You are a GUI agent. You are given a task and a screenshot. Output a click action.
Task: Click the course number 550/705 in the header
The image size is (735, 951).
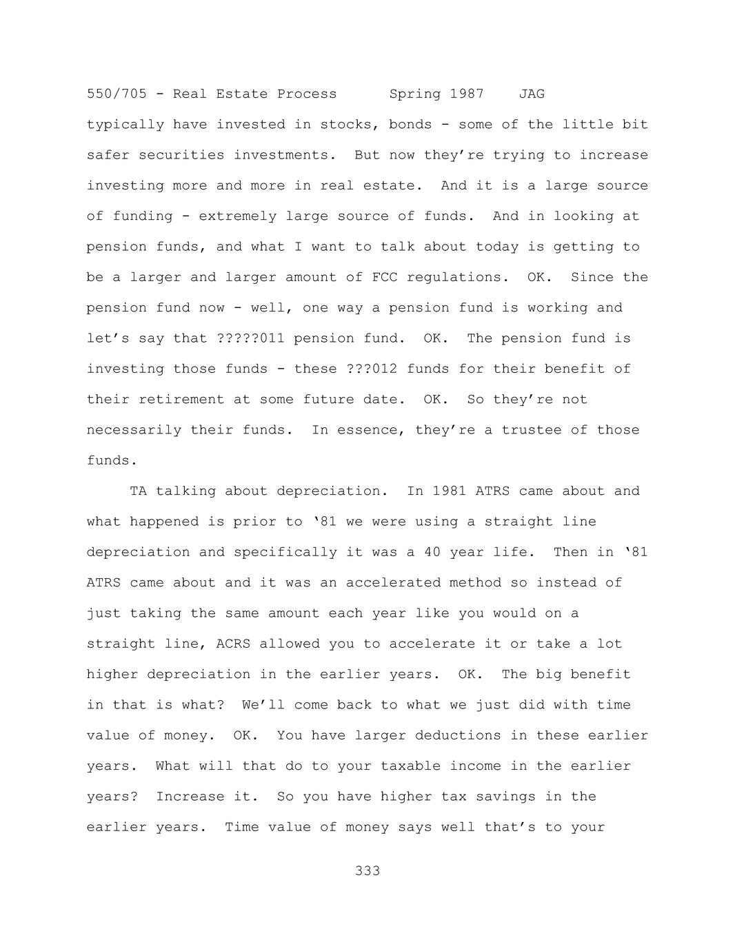pyautogui.click(x=117, y=94)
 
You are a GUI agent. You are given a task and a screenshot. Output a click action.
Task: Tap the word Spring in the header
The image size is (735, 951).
pyautogui.click(x=415, y=94)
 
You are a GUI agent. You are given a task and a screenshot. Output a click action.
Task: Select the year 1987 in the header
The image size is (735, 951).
pyautogui.click(x=467, y=94)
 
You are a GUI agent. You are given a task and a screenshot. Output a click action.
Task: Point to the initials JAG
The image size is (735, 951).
pyautogui.click(x=532, y=94)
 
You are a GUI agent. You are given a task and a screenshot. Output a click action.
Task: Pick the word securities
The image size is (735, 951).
pyautogui.click(x=181, y=155)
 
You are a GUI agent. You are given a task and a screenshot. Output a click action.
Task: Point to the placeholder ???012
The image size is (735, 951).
pyautogui.click(x=372, y=369)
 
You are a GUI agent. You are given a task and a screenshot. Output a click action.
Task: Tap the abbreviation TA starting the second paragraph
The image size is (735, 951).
pyautogui.click(x=138, y=491)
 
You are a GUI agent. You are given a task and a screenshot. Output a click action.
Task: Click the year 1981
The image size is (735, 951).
pyautogui.click(x=450, y=491)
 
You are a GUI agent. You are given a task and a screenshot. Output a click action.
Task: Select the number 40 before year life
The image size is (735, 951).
pyautogui.click(x=432, y=552)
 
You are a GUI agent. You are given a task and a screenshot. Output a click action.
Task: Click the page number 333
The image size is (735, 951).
pyautogui.click(x=367, y=871)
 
